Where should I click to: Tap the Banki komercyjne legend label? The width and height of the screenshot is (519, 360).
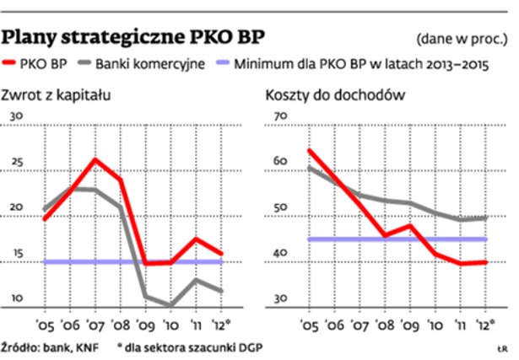coord(149,63)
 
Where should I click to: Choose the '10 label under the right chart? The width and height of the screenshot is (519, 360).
coord(437,323)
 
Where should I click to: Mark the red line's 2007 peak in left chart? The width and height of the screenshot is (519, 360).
coord(96,159)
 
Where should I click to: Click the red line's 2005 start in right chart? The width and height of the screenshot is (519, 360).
coord(308,150)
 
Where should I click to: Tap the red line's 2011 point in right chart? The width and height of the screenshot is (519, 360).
coord(462,264)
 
